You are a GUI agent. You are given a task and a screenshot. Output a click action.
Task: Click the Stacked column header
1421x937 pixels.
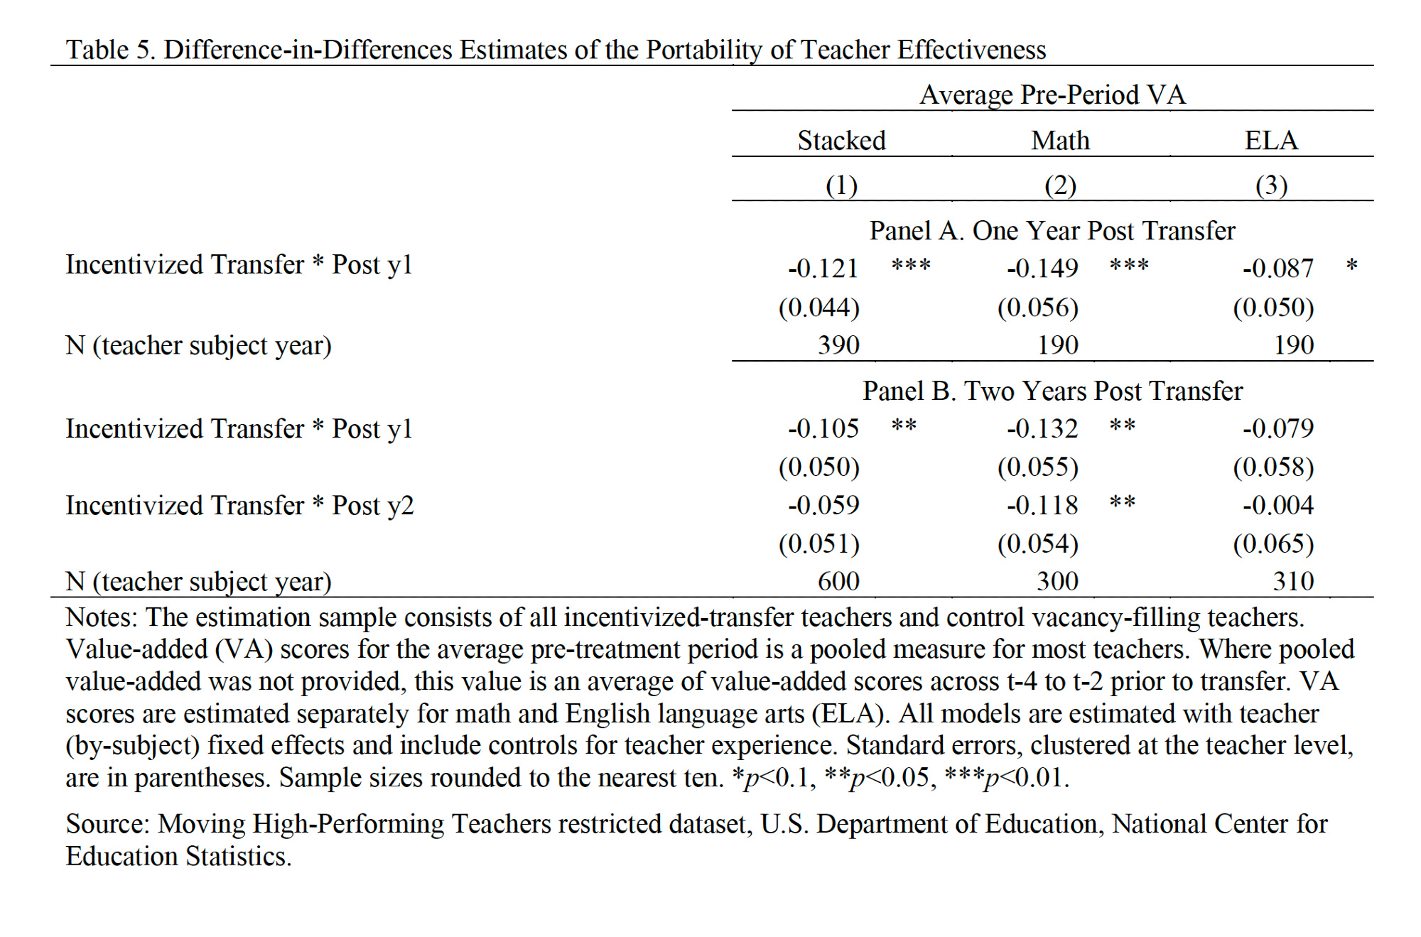(x=841, y=141)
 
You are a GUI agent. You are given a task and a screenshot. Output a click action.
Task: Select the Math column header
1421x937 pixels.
(x=1060, y=141)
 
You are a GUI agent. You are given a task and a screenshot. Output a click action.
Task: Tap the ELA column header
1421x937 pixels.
(x=1271, y=141)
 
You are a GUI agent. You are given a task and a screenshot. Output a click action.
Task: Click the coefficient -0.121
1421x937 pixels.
(x=823, y=269)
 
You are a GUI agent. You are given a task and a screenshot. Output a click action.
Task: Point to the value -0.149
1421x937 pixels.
(x=1042, y=269)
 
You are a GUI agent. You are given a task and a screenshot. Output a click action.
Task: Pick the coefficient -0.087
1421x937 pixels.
(x=1277, y=269)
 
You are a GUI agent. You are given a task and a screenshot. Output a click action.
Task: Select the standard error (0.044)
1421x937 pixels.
(x=819, y=308)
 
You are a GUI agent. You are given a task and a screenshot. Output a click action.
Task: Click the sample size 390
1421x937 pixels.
(x=838, y=345)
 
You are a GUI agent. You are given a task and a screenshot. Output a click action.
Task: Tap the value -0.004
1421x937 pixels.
(x=1277, y=506)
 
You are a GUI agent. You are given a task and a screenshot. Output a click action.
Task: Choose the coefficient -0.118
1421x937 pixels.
(x=1042, y=506)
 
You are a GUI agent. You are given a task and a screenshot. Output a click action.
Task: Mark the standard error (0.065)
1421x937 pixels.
(x=1273, y=544)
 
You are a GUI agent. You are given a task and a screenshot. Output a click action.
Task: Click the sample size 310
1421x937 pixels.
(x=1293, y=582)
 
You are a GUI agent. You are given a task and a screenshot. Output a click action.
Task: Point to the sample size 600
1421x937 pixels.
(x=838, y=582)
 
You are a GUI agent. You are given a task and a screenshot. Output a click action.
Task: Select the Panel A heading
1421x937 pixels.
(x=1052, y=231)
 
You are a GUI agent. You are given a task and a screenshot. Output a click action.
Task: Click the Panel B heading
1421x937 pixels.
(x=1052, y=391)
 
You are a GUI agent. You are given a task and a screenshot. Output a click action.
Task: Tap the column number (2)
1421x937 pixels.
(x=1060, y=185)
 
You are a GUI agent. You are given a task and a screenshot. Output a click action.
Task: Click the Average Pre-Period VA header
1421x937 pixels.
(x=1052, y=95)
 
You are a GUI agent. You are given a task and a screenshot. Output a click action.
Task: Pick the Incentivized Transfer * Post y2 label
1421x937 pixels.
(x=239, y=506)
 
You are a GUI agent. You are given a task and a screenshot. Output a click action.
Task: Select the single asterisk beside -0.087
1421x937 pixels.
(x=1351, y=266)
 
